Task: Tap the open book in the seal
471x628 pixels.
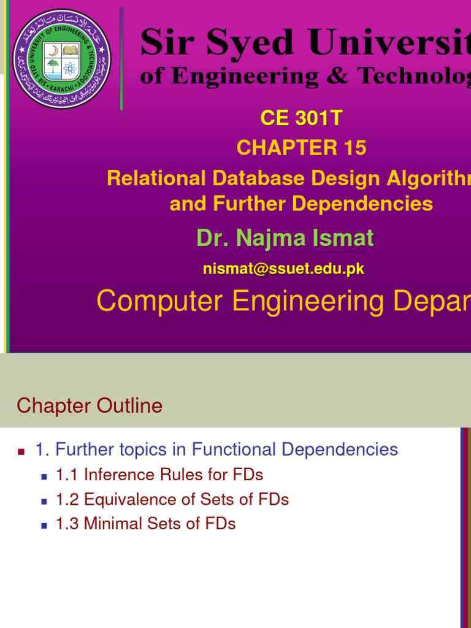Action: (x=71, y=49)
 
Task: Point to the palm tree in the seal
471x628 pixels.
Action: (x=53, y=67)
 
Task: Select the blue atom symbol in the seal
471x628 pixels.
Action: (x=70, y=67)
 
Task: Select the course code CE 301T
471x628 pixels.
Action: (x=301, y=118)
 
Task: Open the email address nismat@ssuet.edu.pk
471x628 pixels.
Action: (x=283, y=269)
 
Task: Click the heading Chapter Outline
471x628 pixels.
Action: (x=90, y=405)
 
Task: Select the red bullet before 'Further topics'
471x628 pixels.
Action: (x=21, y=451)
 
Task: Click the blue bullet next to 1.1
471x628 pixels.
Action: (x=44, y=476)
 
